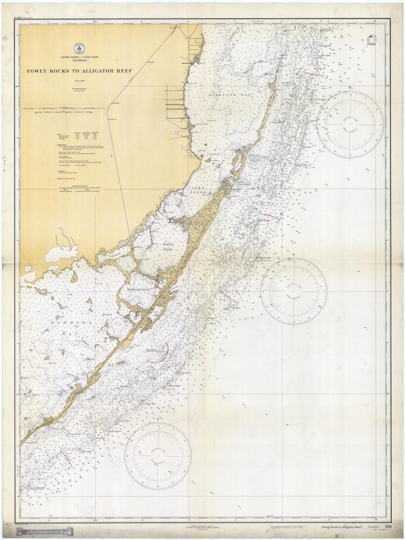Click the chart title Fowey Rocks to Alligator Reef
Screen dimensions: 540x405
click(79, 71)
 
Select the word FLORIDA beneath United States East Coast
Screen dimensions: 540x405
click(79, 60)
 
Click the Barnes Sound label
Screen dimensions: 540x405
click(167, 246)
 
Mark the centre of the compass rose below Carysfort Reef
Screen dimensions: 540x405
click(294, 291)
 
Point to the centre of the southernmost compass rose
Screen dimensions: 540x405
click(158, 457)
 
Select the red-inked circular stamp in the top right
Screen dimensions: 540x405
click(372, 40)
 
